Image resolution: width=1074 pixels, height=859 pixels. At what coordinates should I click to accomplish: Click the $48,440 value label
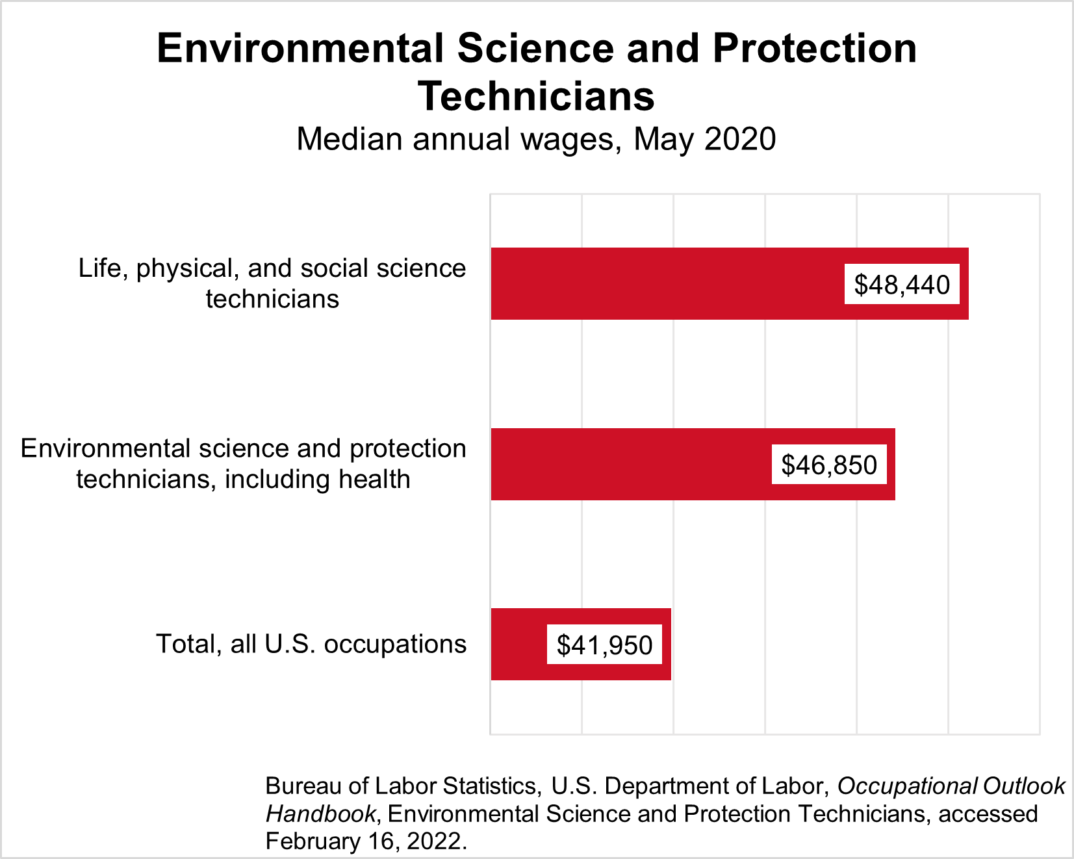pos(902,285)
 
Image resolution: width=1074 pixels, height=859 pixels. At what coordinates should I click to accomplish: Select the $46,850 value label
pos(829,465)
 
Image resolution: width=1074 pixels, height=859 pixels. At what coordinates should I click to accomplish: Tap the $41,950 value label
pos(604,645)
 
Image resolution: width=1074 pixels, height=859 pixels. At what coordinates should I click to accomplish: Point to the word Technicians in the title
pos(537,97)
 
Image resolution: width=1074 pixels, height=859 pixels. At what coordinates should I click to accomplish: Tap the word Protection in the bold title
pos(815,49)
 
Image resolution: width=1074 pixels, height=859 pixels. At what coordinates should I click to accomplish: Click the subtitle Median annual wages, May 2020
pos(536,140)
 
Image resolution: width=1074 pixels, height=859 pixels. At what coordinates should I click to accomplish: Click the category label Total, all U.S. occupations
pos(311,644)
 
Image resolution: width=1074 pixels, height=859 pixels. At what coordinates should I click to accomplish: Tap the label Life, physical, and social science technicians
pos(272,283)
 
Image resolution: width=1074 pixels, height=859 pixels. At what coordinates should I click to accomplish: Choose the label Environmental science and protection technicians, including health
pos(244,464)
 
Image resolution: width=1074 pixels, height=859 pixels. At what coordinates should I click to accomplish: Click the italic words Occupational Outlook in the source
pos(951,786)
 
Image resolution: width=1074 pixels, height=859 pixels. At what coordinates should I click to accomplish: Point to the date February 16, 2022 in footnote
pos(366,841)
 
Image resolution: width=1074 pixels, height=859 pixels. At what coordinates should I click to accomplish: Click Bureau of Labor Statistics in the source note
pos(401,786)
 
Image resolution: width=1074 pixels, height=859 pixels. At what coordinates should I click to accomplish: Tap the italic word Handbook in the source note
pos(320,814)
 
